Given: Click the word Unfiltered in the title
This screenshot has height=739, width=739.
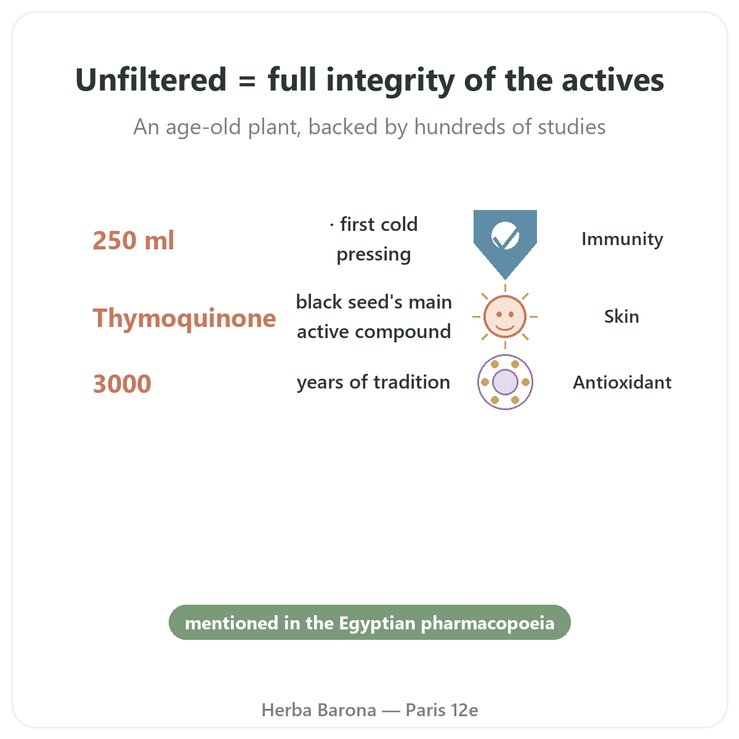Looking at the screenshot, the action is (x=151, y=80).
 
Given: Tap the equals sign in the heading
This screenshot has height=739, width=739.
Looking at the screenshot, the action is (x=247, y=81).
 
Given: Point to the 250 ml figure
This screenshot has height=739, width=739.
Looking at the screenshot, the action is (x=133, y=240).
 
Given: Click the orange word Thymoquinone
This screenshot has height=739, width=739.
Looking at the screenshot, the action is (x=184, y=318).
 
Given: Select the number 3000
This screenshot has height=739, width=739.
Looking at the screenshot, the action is (x=122, y=384).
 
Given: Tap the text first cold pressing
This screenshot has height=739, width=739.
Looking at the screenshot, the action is (x=374, y=240).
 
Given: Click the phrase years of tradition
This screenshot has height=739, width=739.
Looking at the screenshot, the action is (x=374, y=382).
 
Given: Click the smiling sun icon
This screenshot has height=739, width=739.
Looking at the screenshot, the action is (x=505, y=317).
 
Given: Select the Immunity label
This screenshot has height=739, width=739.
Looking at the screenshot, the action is (x=622, y=240).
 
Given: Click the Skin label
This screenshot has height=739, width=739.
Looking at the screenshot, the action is (x=621, y=317).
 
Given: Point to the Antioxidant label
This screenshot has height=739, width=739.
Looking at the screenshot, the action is (x=622, y=382).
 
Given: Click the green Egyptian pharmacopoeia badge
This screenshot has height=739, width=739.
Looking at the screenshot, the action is (x=369, y=622).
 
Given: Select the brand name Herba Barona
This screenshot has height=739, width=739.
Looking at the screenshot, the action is (x=318, y=710).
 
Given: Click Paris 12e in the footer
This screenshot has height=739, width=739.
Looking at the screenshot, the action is (x=442, y=710).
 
